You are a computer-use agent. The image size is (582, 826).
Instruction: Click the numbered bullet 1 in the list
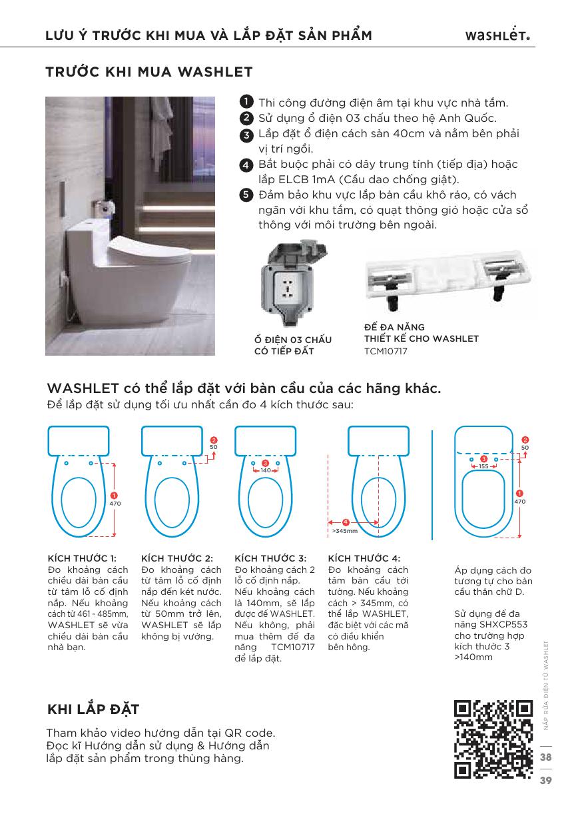click(x=246, y=102)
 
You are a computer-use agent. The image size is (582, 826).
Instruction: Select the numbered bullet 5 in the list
click(x=246, y=195)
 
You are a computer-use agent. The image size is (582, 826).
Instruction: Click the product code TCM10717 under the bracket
click(x=386, y=350)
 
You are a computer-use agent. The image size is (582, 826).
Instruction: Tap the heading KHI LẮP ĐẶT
click(x=93, y=708)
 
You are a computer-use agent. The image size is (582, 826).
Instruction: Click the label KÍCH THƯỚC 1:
click(x=83, y=558)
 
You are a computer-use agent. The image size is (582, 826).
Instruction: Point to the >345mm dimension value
click(x=344, y=531)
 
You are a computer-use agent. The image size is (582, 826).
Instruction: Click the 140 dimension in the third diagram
click(x=265, y=470)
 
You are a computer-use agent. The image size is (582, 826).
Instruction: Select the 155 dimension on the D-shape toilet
click(x=483, y=466)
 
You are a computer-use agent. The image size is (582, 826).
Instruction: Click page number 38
click(x=546, y=757)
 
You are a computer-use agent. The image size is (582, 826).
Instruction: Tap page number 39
click(x=546, y=780)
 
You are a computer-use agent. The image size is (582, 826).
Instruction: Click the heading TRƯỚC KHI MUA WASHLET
click(x=148, y=71)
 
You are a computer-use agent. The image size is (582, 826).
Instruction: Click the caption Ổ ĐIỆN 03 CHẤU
click(x=292, y=340)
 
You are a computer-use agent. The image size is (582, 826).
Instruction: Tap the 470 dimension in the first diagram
click(x=115, y=504)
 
